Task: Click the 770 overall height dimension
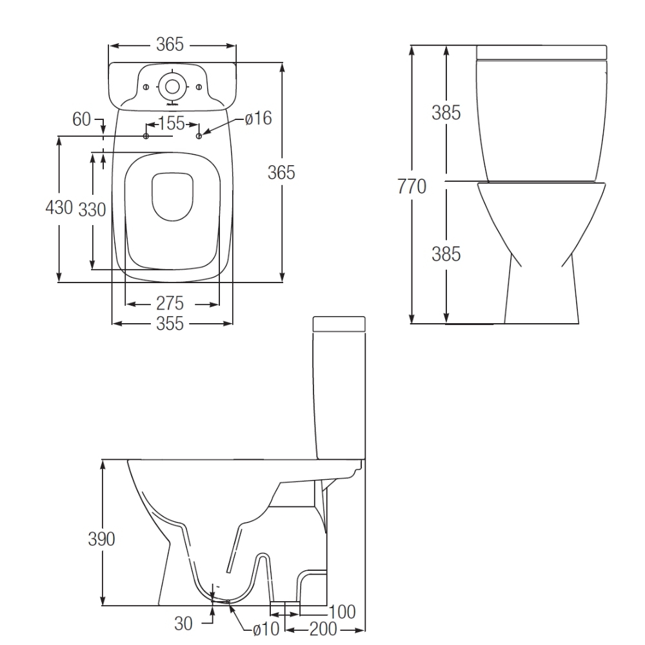412,186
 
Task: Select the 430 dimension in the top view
59,207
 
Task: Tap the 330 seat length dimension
92,210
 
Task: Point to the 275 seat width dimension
170,304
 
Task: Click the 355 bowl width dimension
170,324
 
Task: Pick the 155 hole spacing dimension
172,123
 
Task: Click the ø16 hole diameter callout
259,119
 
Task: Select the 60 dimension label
81,119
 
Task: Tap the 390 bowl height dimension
102,539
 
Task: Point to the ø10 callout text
266,628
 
